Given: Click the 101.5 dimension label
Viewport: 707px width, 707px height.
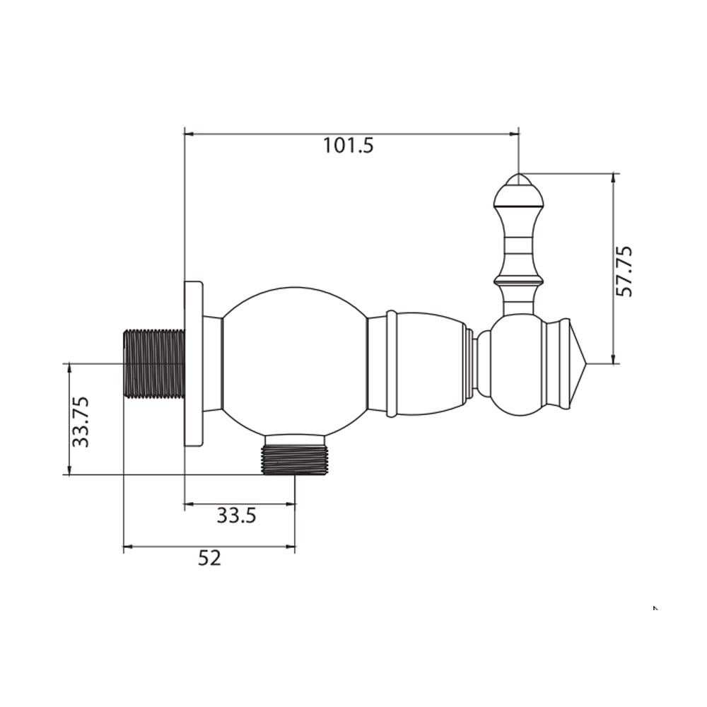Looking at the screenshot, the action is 349,146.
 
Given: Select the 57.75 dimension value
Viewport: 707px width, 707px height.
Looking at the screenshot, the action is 624,271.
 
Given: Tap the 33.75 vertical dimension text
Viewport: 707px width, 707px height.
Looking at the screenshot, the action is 81,421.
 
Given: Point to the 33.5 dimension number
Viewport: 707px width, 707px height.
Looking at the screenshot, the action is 236,515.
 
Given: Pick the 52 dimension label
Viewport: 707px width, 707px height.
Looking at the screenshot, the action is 210,558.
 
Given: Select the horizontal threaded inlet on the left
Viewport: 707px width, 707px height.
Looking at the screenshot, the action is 154,363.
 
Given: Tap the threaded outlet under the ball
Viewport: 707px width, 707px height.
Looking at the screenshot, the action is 294,460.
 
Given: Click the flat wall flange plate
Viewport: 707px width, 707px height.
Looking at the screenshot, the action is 194,363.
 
